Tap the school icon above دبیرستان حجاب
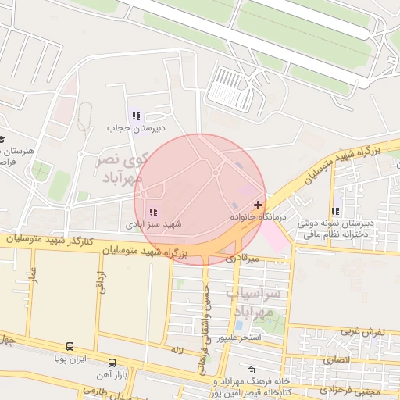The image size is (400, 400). coord(137,116)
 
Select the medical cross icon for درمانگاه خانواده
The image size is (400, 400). coord(259,205)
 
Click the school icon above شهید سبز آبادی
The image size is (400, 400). coord(152,212)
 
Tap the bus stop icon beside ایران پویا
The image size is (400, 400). coord(70,346)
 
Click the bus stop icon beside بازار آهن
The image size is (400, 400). coord(112,362)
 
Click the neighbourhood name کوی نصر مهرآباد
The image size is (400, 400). coord(120,169)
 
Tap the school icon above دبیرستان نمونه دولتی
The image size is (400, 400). coord(335,212)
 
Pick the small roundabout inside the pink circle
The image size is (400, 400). coord(215,172)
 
